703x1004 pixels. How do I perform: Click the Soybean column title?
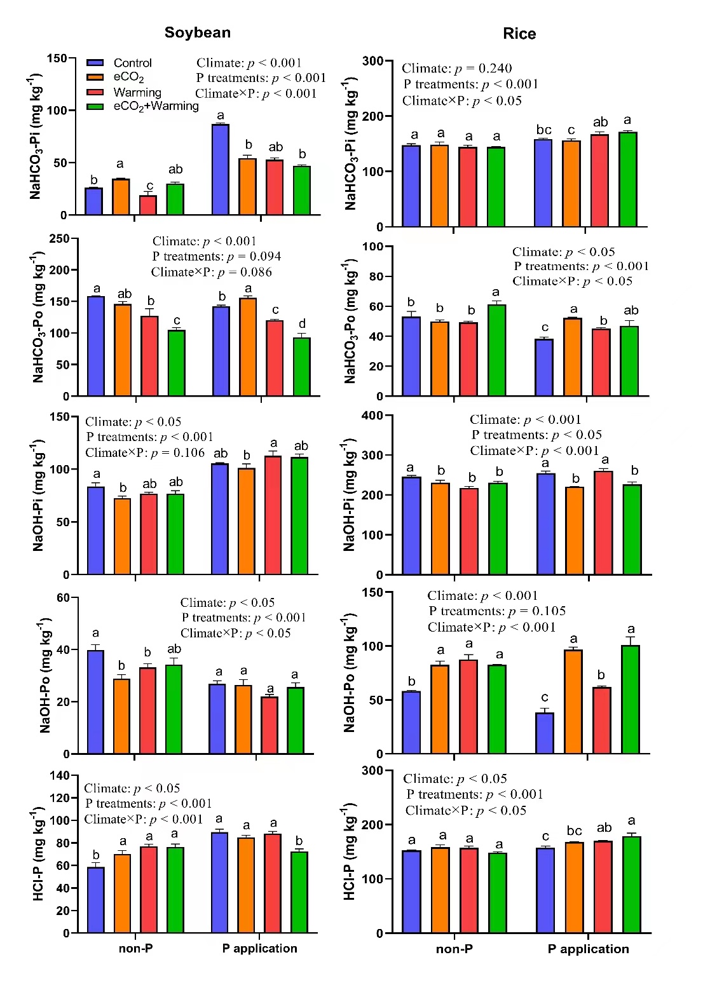(x=197, y=32)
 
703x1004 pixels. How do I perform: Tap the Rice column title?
(x=519, y=34)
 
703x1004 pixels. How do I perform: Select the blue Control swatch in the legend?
(x=95, y=63)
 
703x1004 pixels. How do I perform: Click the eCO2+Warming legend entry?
(x=156, y=106)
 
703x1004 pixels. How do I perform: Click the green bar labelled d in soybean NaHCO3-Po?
(x=302, y=367)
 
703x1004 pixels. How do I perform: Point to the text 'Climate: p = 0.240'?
(x=456, y=69)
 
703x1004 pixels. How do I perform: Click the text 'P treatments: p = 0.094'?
(x=216, y=256)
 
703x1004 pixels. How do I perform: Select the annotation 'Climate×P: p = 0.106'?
(x=145, y=452)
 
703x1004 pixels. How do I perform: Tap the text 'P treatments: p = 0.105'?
(x=497, y=611)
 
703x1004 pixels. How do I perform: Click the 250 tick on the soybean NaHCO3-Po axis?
(x=59, y=239)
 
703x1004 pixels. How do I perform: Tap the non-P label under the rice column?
(x=454, y=949)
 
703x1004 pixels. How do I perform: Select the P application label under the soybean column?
(x=259, y=948)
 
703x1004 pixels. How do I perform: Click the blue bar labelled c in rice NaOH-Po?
(x=545, y=733)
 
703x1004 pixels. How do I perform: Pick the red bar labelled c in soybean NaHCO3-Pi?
(x=148, y=205)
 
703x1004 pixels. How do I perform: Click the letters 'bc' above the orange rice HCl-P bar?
(x=574, y=831)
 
